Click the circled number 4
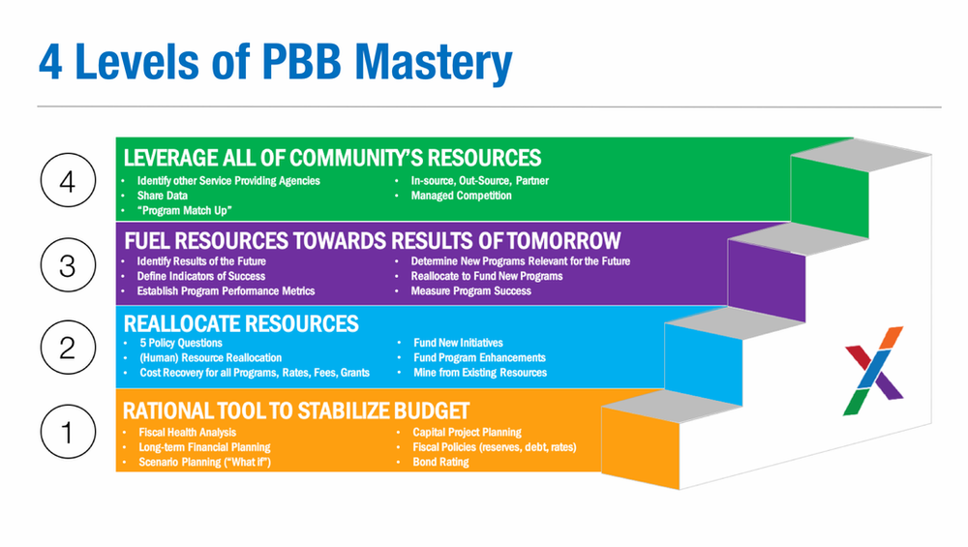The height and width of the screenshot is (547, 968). (x=68, y=180)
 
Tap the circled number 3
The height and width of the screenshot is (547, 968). (x=68, y=265)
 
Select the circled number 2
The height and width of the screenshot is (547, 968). (x=68, y=348)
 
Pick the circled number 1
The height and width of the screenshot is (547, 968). (x=68, y=432)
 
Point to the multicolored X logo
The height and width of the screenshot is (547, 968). (x=873, y=371)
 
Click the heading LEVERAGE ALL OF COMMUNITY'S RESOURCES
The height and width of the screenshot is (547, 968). (x=332, y=158)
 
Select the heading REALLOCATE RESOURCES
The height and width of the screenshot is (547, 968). (x=241, y=324)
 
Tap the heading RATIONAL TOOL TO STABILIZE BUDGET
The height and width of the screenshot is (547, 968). (x=296, y=411)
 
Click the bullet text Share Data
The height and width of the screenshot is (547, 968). (x=163, y=196)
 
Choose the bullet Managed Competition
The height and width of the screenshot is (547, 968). (x=461, y=196)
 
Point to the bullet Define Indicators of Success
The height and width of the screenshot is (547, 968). (x=200, y=276)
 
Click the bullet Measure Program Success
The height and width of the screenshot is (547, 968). (x=471, y=290)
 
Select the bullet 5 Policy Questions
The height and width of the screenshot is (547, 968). (x=181, y=343)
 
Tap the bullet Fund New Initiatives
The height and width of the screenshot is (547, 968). (x=458, y=343)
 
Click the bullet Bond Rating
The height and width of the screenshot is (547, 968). (x=440, y=462)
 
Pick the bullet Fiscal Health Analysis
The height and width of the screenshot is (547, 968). (x=187, y=432)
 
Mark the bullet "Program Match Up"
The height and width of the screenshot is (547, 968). (x=185, y=210)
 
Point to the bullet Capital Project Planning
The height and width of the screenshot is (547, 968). (x=467, y=432)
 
